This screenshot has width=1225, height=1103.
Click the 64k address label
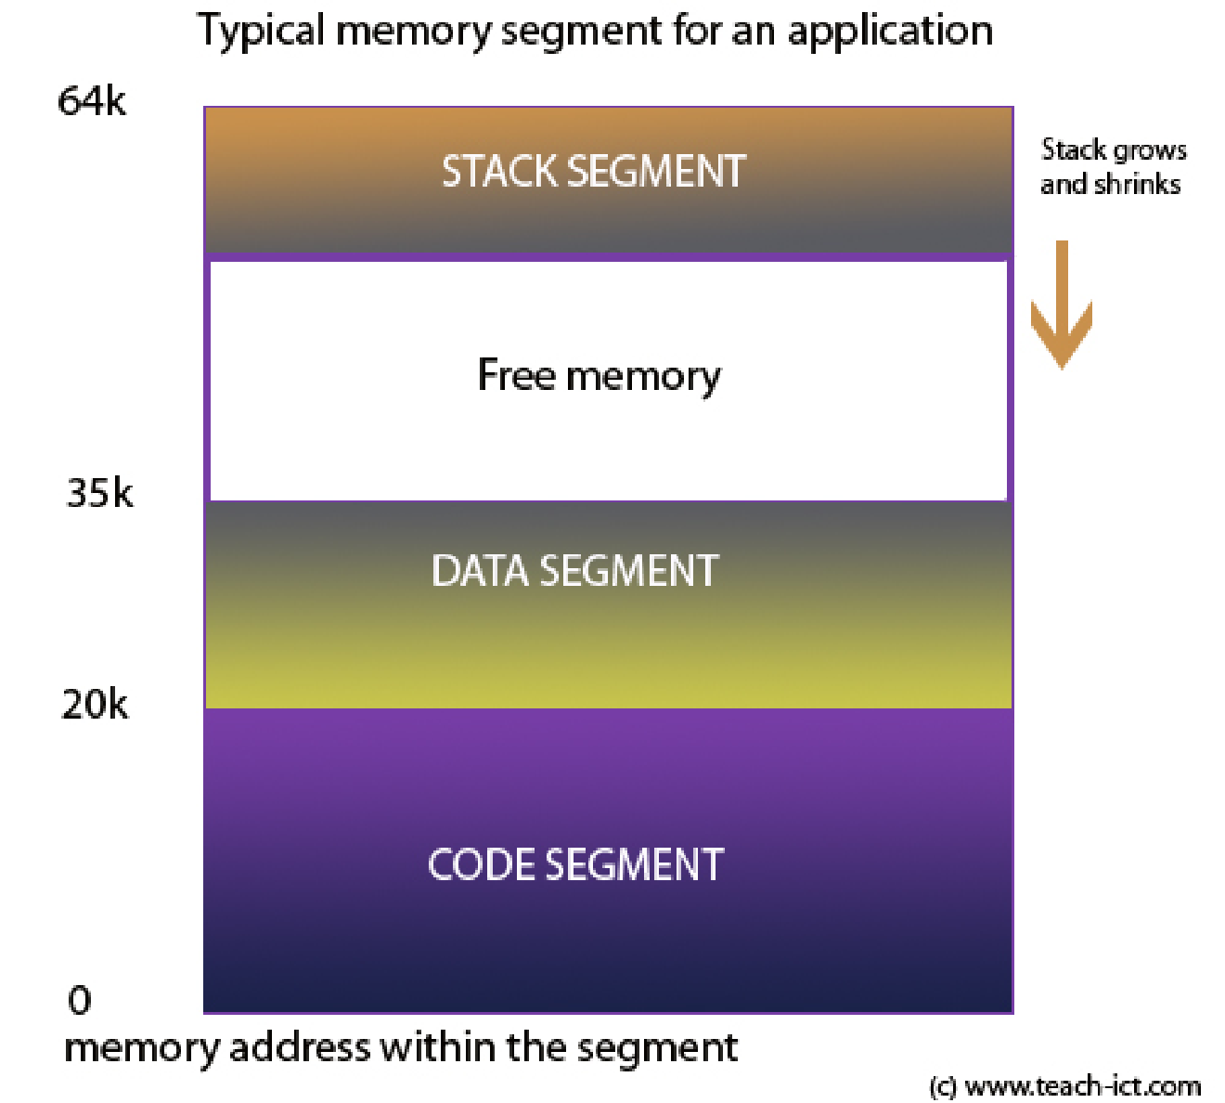(x=91, y=101)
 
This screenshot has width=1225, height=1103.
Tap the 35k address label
(x=99, y=493)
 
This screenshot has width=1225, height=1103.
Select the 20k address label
(x=95, y=706)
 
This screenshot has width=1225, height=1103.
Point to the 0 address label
(x=80, y=1000)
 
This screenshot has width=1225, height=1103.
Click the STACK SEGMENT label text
(x=593, y=172)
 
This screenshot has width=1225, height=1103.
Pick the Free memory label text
(x=599, y=376)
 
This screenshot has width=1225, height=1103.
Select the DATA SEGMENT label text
(x=574, y=571)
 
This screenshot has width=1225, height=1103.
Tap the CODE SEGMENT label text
(x=575, y=865)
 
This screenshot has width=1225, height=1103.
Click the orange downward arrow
(x=1062, y=306)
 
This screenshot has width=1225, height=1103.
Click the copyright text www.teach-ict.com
(x=1082, y=1085)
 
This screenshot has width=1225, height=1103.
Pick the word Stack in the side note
(x=1074, y=149)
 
